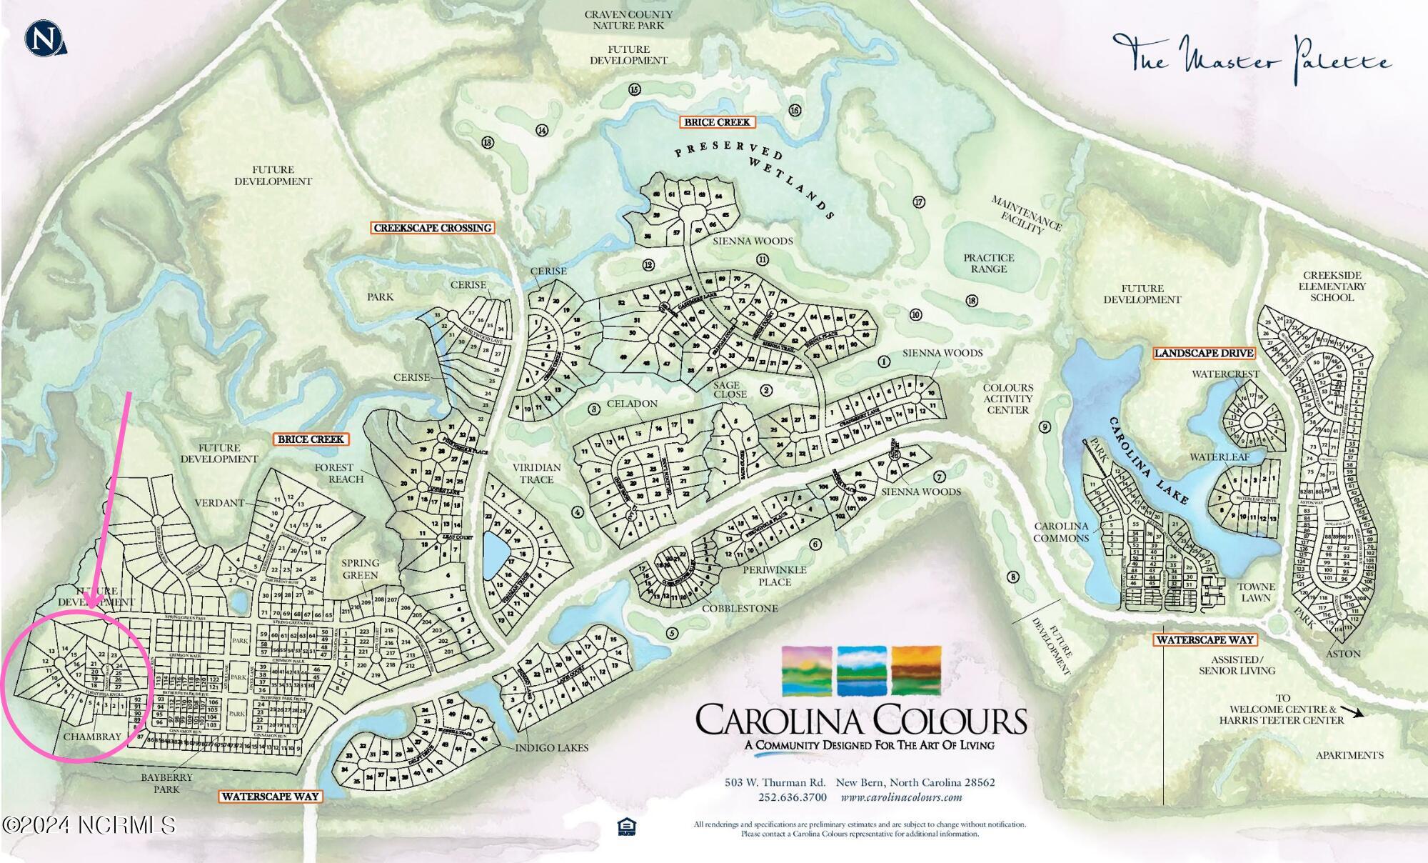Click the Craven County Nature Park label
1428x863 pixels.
pos(628,19)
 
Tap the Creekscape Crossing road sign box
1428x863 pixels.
pos(433,228)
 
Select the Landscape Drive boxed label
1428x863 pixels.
pos(1204,353)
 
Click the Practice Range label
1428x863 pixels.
pos(988,263)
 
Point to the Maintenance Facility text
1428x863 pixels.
pos(1025,214)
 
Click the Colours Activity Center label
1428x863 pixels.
pos(1007,399)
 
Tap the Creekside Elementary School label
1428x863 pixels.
pos(1332,286)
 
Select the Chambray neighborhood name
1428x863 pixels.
pos(92,737)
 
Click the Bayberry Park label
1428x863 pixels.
pos(166,783)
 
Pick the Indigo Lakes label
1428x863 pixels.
pos(552,747)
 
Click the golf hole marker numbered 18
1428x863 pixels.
pos(972,301)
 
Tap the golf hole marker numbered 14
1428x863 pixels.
pos(542,130)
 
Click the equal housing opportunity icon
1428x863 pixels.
pos(626,827)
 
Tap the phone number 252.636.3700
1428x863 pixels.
pos(793,797)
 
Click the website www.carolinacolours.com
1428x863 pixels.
pos(901,797)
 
